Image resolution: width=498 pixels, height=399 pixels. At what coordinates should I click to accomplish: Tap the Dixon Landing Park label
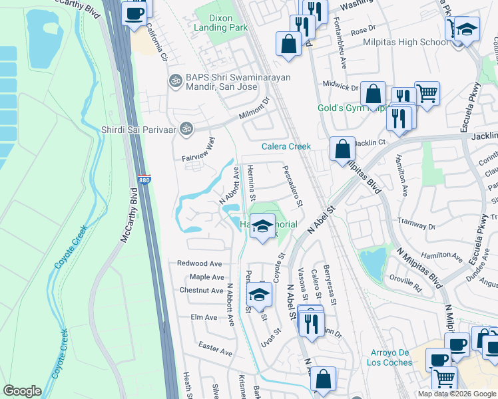(x=220, y=22)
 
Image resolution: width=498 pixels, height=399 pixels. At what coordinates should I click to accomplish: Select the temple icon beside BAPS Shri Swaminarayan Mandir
(x=176, y=80)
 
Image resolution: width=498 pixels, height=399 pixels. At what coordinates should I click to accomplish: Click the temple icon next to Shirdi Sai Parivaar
(x=186, y=130)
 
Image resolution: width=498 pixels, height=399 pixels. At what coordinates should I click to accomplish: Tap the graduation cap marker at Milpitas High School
(x=467, y=30)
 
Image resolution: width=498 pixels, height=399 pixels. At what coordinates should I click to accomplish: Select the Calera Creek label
(x=286, y=146)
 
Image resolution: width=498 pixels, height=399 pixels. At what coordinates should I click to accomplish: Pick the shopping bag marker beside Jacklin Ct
(x=342, y=150)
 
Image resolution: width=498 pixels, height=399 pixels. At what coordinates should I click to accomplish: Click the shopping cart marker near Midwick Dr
(x=427, y=92)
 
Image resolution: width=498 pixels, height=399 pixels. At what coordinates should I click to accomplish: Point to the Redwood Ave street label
(x=199, y=263)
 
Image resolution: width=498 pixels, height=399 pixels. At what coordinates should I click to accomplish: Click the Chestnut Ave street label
(x=201, y=291)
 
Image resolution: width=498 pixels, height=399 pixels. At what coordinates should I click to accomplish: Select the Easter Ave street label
(x=215, y=348)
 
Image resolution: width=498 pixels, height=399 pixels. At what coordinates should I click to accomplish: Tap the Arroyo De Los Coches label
(x=389, y=358)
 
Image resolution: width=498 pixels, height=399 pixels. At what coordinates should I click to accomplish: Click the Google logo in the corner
(x=22, y=391)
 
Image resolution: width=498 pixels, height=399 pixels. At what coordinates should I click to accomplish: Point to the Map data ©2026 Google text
(x=456, y=394)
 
